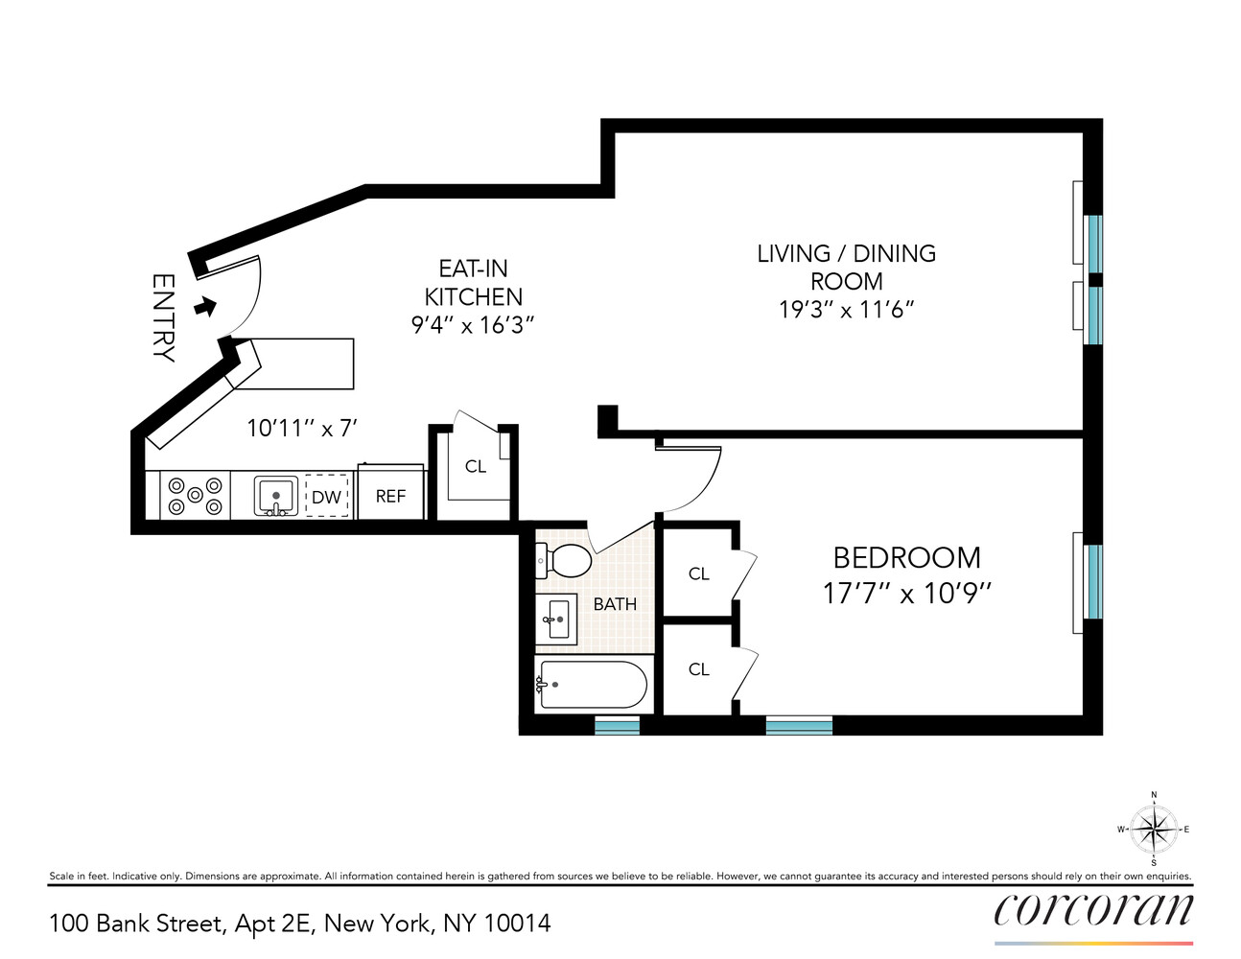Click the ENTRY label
point(163,317)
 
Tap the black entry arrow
point(204,307)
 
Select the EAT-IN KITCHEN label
point(473,283)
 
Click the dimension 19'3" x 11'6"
point(846,310)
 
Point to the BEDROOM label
point(906,558)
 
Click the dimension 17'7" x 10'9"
point(906,594)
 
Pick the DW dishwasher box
point(327,497)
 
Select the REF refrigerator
point(390,496)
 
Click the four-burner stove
point(195,496)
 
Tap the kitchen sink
point(276,497)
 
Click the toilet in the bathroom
point(566,561)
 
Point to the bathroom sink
point(556,619)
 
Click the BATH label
point(615,604)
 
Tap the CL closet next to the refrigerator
point(476,467)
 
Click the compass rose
point(1153,830)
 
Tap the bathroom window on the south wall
point(617,726)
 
